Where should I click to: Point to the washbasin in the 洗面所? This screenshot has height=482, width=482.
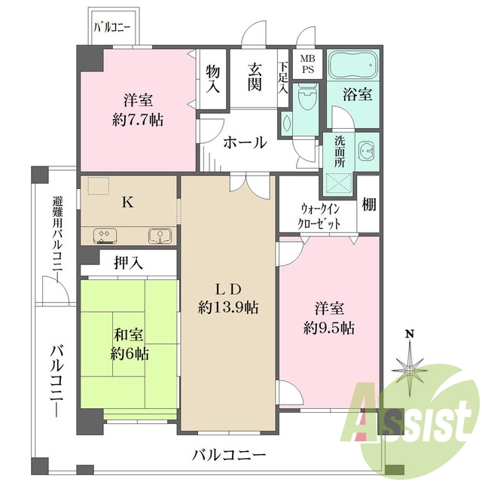[367, 151]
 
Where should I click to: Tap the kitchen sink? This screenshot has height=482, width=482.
[160, 236]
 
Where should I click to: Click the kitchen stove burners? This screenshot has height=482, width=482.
[105, 236]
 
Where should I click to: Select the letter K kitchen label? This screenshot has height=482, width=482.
[128, 202]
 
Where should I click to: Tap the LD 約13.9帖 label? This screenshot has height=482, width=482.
[229, 298]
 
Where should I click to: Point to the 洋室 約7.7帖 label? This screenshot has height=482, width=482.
[139, 110]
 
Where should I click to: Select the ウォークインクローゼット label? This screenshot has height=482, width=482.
[319, 216]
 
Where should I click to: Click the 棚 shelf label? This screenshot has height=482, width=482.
[368, 204]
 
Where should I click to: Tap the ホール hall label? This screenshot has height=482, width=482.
[245, 141]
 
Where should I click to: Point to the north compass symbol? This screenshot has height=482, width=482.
[410, 365]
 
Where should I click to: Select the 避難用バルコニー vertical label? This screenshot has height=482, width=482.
[57, 234]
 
